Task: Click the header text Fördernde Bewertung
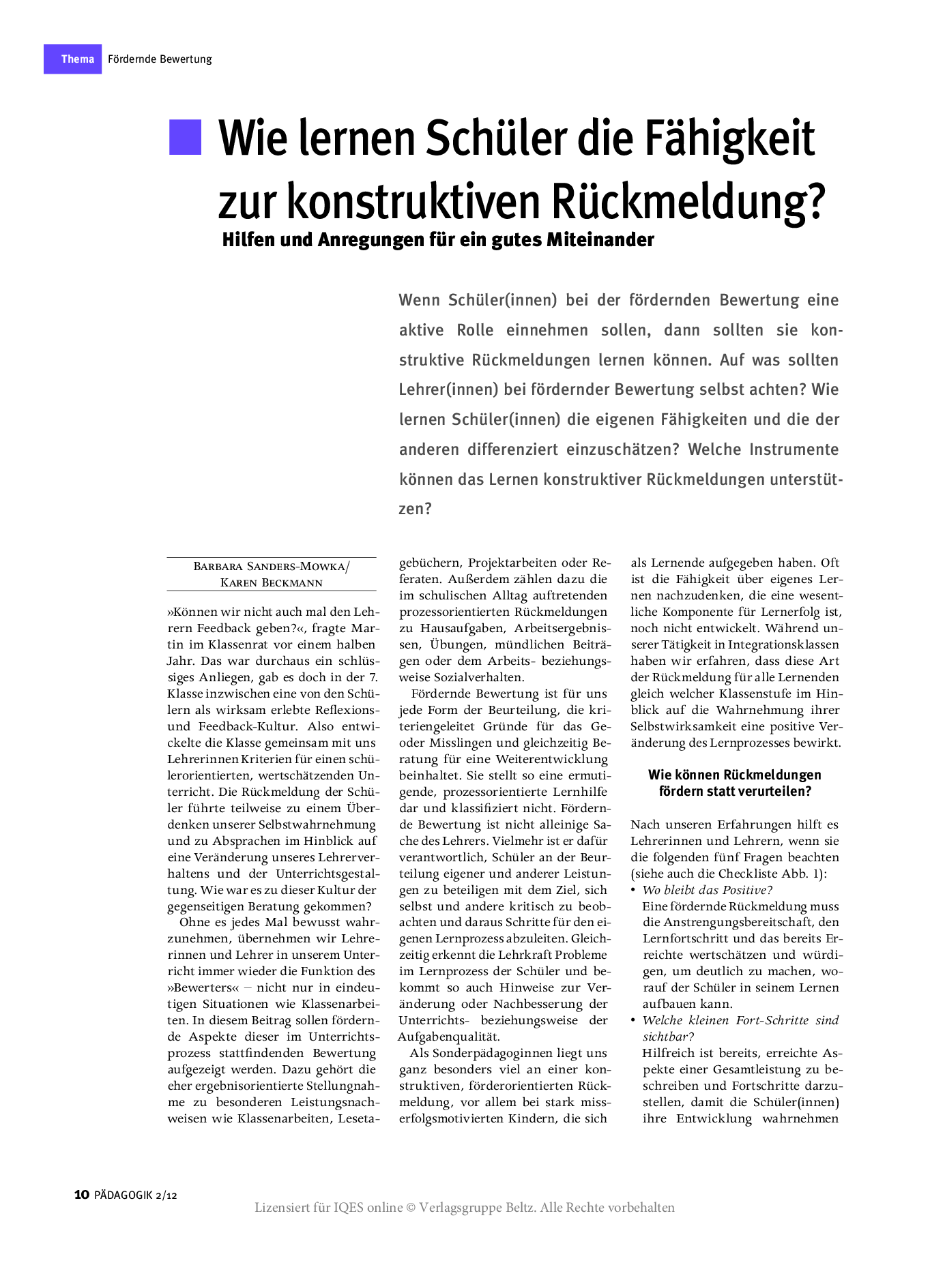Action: click(160, 59)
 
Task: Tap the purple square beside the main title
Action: click(186, 137)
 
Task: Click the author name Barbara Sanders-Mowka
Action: click(270, 566)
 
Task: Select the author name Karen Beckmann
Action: click(272, 582)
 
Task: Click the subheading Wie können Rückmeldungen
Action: click(734, 775)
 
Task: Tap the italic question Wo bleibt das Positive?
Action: click(707, 890)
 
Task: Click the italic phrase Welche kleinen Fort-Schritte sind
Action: click(740, 1020)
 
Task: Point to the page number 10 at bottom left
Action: click(81, 1194)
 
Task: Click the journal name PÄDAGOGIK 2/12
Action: click(136, 1195)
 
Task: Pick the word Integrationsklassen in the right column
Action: click(783, 644)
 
